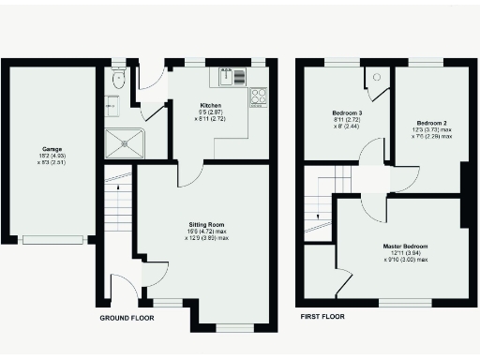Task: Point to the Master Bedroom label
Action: pyautogui.click(x=404, y=247)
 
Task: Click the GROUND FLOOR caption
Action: pyautogui.click(x=127, y=318)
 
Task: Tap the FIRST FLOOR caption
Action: pyautogui.click(x=321, y=317)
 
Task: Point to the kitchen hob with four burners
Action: pyautogui.click(x=258, y=96)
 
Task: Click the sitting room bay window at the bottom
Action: pyautogui.click(x=234, y=328)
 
